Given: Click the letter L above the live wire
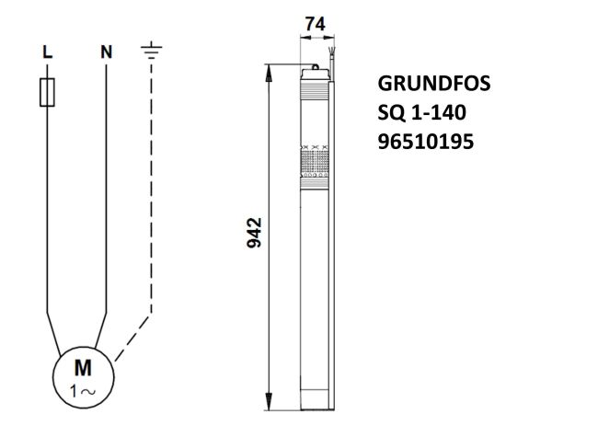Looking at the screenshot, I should tap(49, 52).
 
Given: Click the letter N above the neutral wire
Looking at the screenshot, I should tap(106, 52).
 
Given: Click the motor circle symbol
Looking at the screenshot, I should tap(83, 377).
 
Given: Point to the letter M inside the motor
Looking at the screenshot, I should tap(83, 369).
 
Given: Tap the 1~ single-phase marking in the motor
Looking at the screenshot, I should tap(83, 390).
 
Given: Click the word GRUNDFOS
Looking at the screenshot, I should tap(434, 84).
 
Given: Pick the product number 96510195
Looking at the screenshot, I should tap(426, 144).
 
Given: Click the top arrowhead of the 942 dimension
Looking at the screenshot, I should tap(271, 73).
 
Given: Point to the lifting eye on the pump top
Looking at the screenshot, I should tap(316, 66).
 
